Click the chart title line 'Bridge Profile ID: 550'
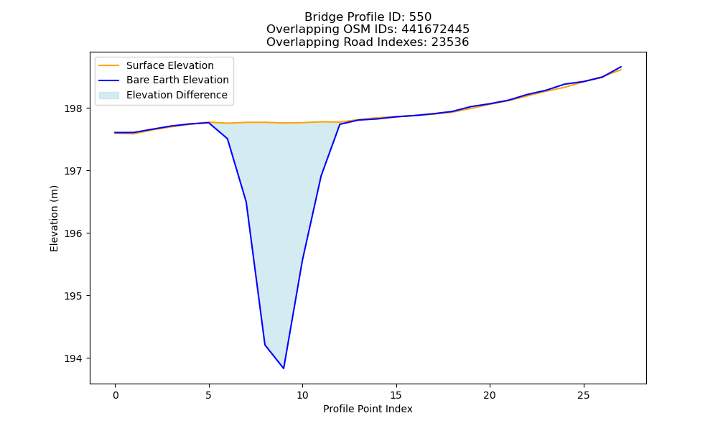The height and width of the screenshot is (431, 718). click(368, 17)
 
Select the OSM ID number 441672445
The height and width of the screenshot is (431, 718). click(436, 29)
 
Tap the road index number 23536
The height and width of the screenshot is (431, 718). click(450, 42)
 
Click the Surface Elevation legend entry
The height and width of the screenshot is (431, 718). click(156, 65)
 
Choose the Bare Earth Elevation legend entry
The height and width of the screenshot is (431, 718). click(164, 80)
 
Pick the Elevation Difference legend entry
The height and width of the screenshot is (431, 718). click(163, 95)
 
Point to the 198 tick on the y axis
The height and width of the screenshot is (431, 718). click(73, 108)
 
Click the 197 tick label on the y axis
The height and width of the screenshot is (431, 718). click(73, 171)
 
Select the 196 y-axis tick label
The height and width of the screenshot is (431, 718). click(73, 233)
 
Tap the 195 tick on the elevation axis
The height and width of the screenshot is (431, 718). click(73, 296)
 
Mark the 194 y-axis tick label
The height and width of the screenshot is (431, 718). click(73, 358)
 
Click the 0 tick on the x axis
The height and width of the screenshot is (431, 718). click(116, 395)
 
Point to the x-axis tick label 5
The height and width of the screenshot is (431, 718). click(209, 395)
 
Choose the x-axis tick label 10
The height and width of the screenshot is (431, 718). click(302, 395)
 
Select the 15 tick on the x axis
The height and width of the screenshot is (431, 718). click(396, 395)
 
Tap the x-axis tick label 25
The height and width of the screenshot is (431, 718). click(583, 395)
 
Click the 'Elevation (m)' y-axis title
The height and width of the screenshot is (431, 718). click(54, 218)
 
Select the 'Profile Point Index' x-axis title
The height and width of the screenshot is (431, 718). click(368, 409)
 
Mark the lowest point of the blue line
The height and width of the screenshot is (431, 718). click(284, 369)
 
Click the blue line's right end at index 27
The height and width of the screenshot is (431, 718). click(621, 66)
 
